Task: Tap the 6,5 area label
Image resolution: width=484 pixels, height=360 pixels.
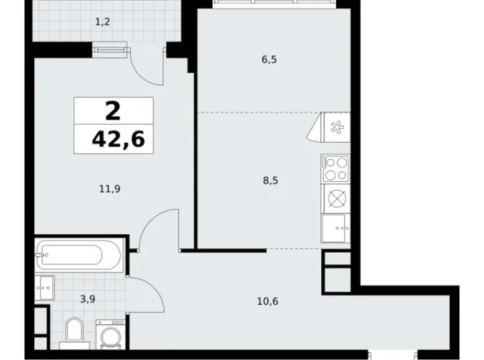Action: click(x=269, y=60)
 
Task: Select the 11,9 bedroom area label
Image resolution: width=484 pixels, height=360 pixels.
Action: click(x=109, y=189)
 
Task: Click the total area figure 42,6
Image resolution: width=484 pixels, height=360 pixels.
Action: click(x=118, y=140)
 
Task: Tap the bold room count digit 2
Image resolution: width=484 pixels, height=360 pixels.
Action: click(x=113, y=112)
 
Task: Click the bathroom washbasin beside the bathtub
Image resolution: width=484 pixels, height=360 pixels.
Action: click(x=45, y=287)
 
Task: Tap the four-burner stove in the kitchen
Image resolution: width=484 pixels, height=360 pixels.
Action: click(x=336, y=168)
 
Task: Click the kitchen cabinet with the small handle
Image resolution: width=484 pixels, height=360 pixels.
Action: click(x=336, y=228)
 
